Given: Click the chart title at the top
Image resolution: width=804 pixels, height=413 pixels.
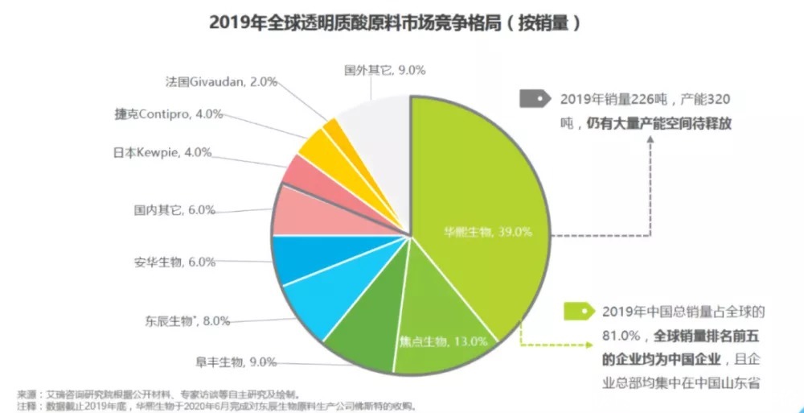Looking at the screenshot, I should (395, 23).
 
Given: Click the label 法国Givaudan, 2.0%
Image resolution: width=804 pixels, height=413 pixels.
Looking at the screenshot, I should (220, 81).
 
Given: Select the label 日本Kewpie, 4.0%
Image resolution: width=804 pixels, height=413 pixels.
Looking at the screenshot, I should (172, 151).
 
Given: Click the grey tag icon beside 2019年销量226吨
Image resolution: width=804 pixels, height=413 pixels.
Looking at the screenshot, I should (534, 100).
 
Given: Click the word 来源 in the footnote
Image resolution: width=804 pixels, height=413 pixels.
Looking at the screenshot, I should (27, 394).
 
